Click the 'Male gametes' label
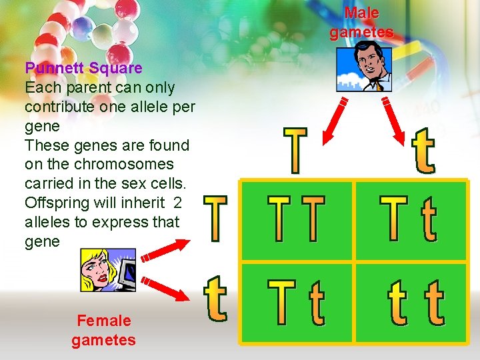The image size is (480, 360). click(x=362, y=23)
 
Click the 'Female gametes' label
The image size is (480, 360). click(x=103, y=330)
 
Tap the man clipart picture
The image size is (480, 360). click(x=364, y=66)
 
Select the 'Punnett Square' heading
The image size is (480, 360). click(x=83, y=67)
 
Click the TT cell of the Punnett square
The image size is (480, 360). click(x=297, y=219)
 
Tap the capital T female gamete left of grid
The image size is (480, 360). click(x=215, y=218)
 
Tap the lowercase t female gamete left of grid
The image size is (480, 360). click(x=215, y=299)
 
